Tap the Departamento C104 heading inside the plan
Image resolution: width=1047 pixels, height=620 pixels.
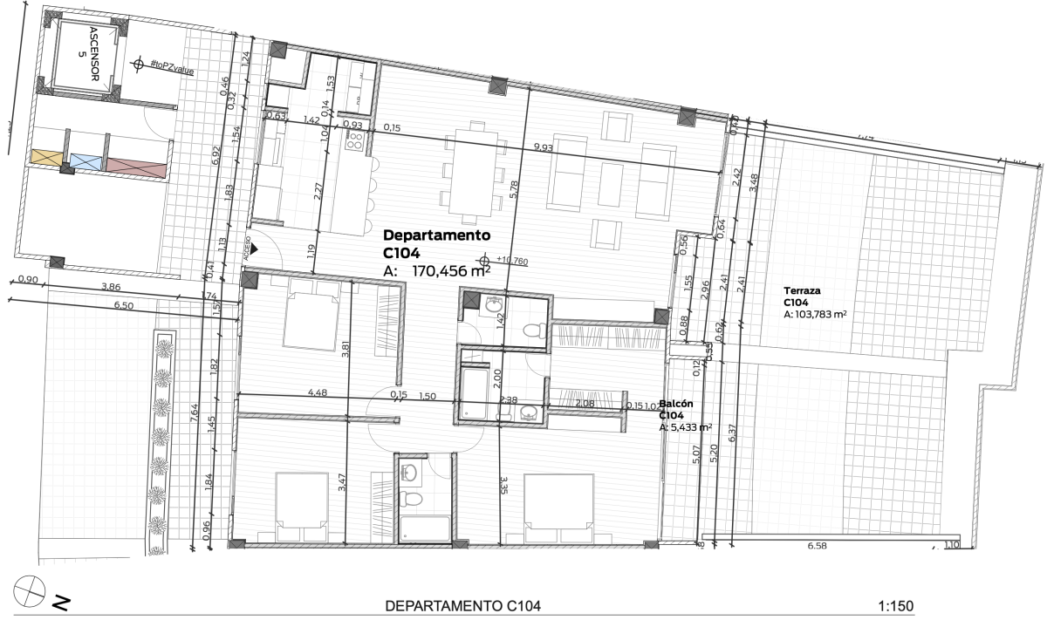437,244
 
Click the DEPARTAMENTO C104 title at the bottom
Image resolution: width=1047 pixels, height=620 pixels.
463,606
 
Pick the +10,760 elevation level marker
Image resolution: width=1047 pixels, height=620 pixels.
510,260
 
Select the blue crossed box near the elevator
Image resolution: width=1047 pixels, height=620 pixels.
86,160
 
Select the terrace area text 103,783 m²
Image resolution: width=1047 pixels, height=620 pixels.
821,315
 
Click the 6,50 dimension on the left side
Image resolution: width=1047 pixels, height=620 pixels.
124,306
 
